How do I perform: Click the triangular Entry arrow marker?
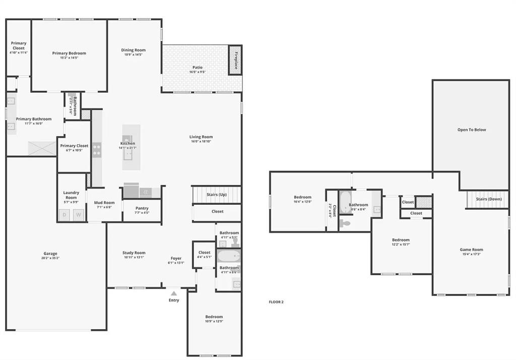point(174,293)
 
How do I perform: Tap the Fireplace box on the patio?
point(235,60)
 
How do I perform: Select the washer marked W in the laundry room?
point(79,215)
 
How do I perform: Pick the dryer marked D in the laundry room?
point(65,215)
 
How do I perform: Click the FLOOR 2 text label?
point(276,302)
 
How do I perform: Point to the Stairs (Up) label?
point(217,195)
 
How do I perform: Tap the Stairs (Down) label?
point(489,199)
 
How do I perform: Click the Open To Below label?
point(472,130)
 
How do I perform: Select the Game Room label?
point(471,250)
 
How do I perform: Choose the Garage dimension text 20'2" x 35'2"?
point(50,258)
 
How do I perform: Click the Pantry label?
point(142,208)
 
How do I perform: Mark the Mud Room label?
point(104,203)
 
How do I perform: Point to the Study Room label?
point(134,253)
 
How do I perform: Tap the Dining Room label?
point(134,50)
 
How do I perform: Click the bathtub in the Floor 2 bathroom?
point(346,203)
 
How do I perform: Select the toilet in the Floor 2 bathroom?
point(345,222)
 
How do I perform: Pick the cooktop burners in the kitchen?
point(96,150)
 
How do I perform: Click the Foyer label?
point(176,258)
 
